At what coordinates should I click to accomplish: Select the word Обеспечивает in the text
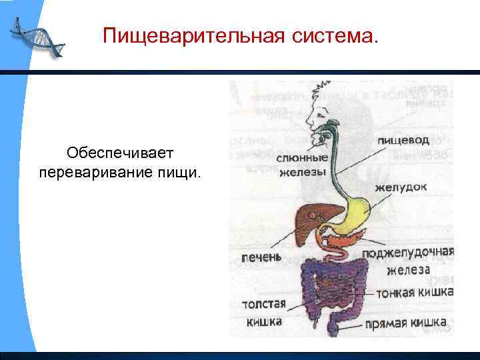point(120,154)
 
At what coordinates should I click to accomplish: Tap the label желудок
point(400,187)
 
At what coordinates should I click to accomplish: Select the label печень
point(260,257)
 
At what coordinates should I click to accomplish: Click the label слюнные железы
point(302,165)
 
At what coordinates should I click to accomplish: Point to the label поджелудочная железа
point(408,261)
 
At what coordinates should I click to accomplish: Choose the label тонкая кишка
point(415,293)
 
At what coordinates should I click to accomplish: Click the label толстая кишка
point(264,313)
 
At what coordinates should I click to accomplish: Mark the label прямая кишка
point(405,324)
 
